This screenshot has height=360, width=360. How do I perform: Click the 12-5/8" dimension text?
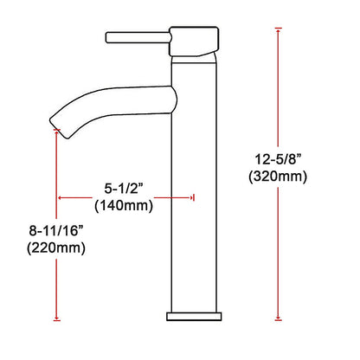coord(278,159)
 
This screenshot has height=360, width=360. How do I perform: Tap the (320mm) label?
coord(278,177)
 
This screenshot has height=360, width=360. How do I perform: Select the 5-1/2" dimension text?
coord(124,189)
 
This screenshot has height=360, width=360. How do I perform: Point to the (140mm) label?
coord(124,206)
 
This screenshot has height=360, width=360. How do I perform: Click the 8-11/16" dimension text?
coord(56,231)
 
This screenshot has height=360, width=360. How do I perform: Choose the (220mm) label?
coord(56,247)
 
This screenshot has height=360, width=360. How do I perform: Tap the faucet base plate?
coord(194,316)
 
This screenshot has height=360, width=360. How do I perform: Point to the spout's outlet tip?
coord(60,128)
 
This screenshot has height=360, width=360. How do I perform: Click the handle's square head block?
coord(194,42)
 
